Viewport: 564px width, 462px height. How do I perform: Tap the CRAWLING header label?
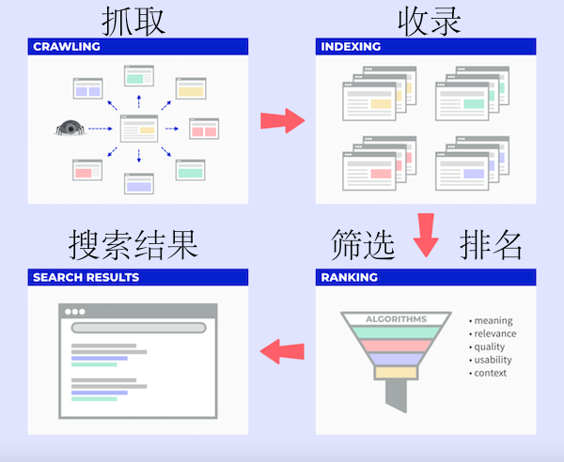click(x=67, y=46)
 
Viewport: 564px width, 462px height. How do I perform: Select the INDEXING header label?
click(x=351, y=46)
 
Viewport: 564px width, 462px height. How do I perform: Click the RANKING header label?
click(x=350, y=278)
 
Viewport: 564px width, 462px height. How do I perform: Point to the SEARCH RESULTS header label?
click(x=86, y=278)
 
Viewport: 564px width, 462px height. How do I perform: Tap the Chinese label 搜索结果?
click(x=133, y=245)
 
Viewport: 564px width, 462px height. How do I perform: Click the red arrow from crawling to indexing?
click(x=283, y=120)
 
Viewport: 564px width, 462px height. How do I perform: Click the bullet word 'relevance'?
click(x=495, y=334)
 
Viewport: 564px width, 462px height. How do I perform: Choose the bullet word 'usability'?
click(x=494, y=360)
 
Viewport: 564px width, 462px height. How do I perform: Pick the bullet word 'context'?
click(x=491, y=373)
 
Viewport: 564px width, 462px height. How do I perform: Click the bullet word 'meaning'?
click(x=493, y=321)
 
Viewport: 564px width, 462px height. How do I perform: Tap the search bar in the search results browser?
click(x=138, y=328)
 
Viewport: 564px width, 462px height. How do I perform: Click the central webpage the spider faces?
click(x=139, y=129)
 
